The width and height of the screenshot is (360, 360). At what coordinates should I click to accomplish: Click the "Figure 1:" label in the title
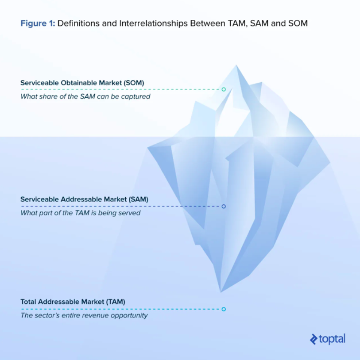pos(38,23)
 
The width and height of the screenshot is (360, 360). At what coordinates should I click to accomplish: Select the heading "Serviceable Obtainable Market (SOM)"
pos(82,83)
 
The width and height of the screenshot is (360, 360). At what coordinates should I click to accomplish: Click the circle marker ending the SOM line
pos(224,89)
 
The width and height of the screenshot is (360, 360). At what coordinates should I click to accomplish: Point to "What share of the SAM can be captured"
pos(85,96)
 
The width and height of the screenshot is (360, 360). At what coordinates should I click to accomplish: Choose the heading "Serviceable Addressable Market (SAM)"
pos(84,199)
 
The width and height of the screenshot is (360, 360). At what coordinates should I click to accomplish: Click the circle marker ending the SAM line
pos(224,207)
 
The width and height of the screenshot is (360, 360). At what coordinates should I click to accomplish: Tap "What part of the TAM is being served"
pos(80,213)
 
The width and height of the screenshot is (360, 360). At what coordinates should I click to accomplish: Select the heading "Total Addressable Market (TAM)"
pos(73,302)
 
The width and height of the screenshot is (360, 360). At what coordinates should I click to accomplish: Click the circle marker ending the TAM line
pos(224,309)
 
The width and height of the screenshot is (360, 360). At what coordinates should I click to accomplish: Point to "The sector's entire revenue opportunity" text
pos(84,315)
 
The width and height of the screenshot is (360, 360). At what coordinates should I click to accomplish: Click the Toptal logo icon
pos(314,339)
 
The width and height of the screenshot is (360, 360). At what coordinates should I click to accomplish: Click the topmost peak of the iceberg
pos(236,66)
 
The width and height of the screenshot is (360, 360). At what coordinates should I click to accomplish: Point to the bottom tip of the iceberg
pos(221,291)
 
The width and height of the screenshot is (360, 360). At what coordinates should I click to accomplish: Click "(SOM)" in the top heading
pos(134,83)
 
